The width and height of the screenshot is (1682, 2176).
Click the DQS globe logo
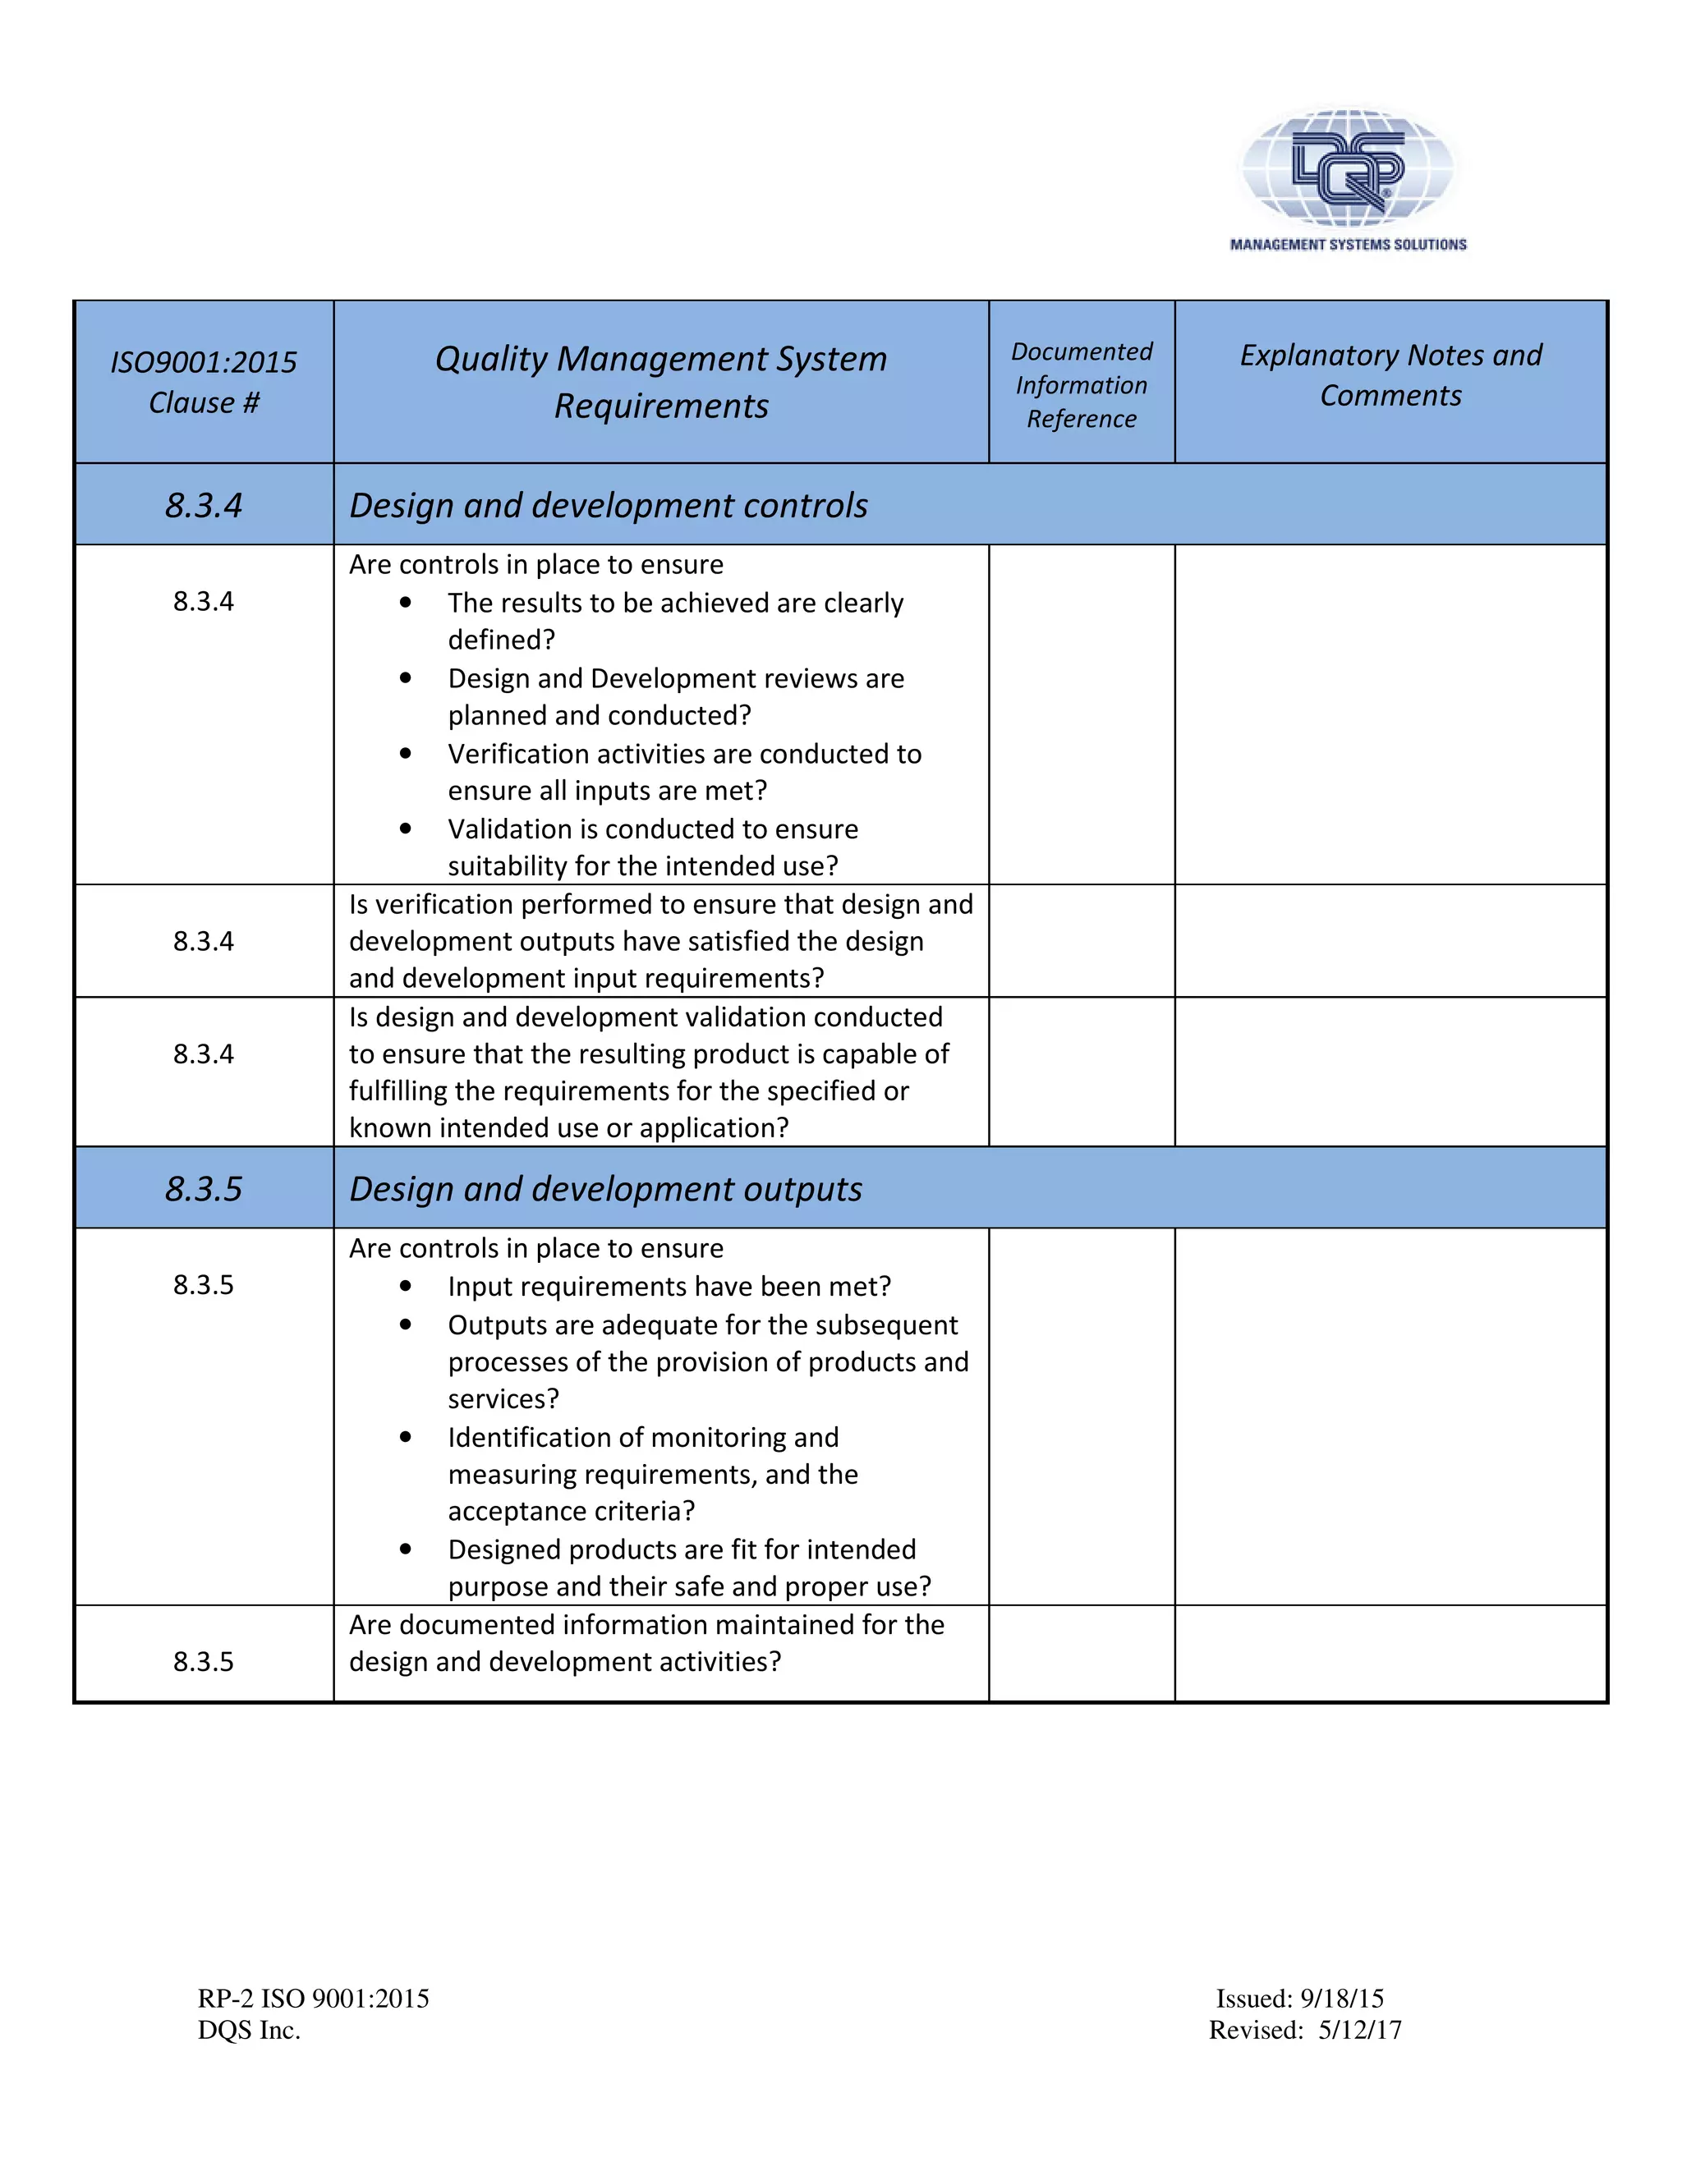coord(1347,165)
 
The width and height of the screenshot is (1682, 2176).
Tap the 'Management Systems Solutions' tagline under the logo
coord(1347,244)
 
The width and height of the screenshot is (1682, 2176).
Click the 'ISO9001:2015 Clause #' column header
coord(204,382)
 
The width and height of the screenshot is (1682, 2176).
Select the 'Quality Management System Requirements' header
coord(660,382)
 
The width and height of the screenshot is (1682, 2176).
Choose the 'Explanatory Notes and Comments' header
coord(1390,374)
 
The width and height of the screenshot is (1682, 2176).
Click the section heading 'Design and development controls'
coord(608,505)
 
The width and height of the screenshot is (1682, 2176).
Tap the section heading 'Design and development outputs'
coord(604,1189)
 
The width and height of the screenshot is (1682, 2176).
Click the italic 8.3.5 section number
coord(204,1189)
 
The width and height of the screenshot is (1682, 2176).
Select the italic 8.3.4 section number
coord(204,505)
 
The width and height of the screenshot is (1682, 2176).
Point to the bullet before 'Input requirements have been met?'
coord(406,1286)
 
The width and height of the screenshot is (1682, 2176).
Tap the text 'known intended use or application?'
coord(568,1128)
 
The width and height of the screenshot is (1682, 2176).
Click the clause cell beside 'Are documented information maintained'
coord(204,1661)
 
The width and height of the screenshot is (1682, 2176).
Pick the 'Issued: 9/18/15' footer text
coord(1299,1999)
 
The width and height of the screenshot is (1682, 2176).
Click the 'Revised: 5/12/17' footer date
coord(1304,2030)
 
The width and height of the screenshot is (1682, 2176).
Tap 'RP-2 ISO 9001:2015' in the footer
coord(313,1999)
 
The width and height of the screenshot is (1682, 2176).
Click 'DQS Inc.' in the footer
coord(249,2030)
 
